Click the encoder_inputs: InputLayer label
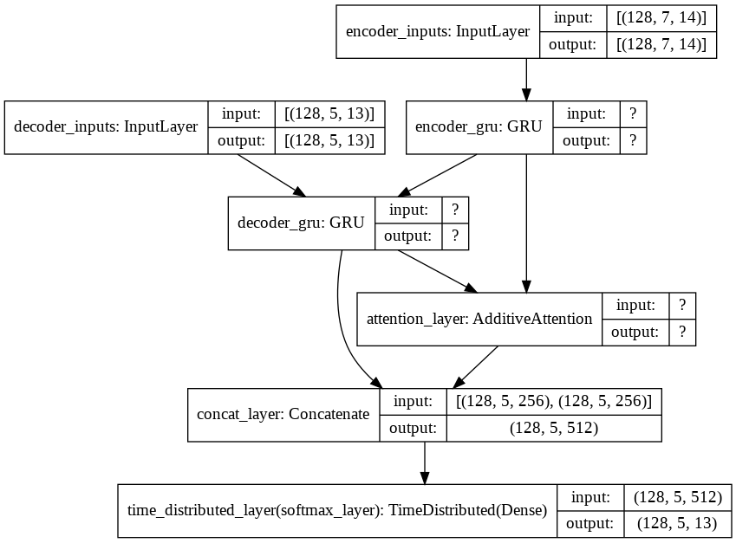(438, 31)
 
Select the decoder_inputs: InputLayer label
(106, 127)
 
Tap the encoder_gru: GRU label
(479, 127)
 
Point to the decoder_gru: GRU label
(301, 223)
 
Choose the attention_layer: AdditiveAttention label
(479, 319)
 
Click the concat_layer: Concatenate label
(283, 415)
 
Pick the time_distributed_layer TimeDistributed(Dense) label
(337, 510)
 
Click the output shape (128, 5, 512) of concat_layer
(554, 428)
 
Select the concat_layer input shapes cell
(554, 401)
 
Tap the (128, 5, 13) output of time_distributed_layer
(677, 524)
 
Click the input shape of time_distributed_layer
(677, 497)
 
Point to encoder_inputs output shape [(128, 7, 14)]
(661, 44)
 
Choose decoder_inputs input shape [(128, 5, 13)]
(329, 114)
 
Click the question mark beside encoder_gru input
(633, 114)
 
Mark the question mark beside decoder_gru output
(455, 236)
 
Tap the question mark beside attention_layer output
(682, 333)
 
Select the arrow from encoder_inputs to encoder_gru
(526, 80)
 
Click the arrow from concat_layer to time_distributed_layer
(424, 462)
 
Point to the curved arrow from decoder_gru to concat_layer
(342, 328)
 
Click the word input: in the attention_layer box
(635, 306)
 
